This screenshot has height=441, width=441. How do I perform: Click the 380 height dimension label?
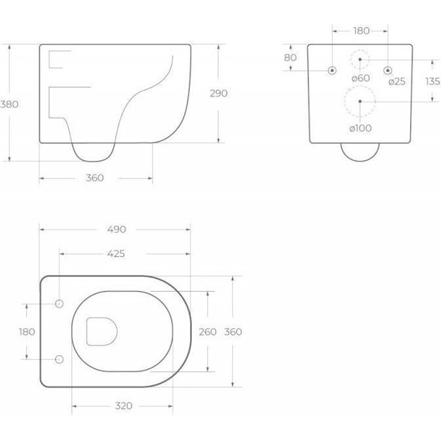(x=9, y=104)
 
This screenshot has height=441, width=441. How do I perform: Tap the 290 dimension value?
(x=219, y=94)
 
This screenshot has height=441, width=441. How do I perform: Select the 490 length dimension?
(x=116, y=230)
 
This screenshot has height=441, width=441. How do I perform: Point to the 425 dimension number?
(x=116, y=254)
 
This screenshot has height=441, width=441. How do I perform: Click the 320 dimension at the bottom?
(x=124, y=406)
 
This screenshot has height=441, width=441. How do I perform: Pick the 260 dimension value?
(x=207, y=332)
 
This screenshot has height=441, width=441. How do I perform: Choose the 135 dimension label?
(x=432, y=81)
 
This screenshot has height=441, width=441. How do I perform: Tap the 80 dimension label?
(x=290, y=58)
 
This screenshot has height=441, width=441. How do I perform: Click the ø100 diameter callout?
(x=361, y=128)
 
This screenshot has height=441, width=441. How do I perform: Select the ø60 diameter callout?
(x=361, y=78)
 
